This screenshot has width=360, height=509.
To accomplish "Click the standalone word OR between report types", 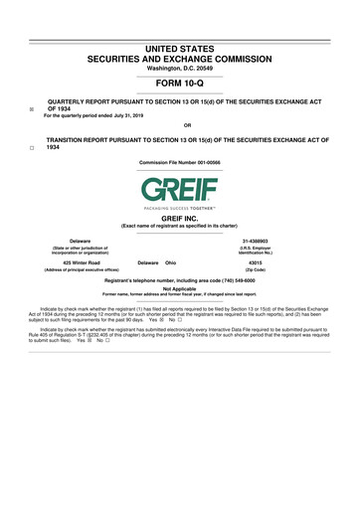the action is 180,126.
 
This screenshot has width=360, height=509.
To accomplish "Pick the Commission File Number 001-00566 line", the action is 180,162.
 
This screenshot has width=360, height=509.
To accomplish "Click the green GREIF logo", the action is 180,189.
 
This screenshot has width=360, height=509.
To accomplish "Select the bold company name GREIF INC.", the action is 180,218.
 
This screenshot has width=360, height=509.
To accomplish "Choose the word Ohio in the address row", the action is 170,262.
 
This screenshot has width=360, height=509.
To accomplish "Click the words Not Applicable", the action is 180,289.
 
